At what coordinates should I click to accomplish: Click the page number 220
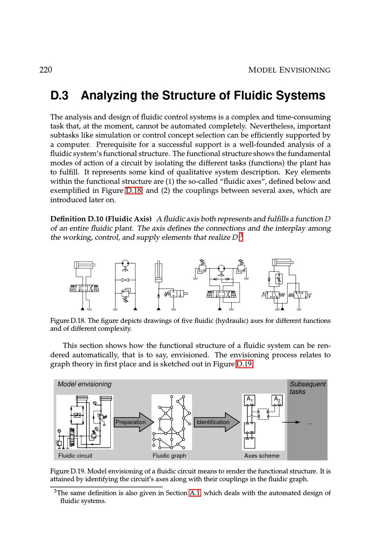coord(46,70)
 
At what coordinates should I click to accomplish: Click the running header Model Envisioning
coord(289,70)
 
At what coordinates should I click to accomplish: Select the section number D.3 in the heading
coord(59,96)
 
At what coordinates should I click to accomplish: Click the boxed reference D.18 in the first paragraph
coord(133,191)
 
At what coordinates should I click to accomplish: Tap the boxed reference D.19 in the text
coord(244,364)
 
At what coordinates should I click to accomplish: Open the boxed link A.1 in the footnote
coord(195,493)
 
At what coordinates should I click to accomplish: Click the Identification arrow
coord(216,422)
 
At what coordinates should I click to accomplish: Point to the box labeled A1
coord(250,400)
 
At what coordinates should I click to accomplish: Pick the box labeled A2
coord(277,400)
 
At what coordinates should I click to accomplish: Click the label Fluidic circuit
coord(75,456)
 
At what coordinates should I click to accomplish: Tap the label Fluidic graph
coord(169,456)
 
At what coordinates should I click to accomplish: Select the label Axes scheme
coord(262,456)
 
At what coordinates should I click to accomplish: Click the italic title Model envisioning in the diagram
coord(84,384)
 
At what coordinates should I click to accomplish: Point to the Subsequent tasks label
coord(307,388)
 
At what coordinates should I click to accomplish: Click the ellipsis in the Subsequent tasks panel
coord(310,423)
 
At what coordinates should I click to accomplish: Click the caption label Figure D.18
coord(63,321)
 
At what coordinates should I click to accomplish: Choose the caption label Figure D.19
coord(63,471)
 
